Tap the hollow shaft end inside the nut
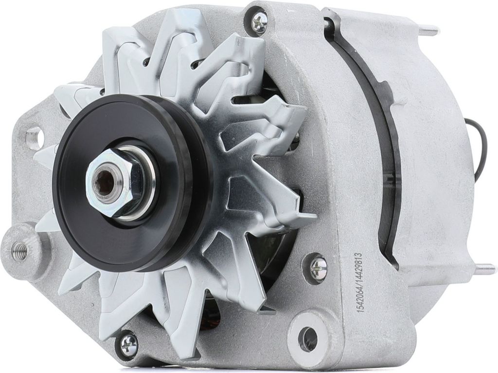[104, 183]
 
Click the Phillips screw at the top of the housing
[259, 21]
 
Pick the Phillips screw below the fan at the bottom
[128, 344]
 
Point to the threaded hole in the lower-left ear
[20, 251]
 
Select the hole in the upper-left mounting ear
[34, 138]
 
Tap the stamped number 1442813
[360, 268]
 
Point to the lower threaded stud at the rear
[484, 269]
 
